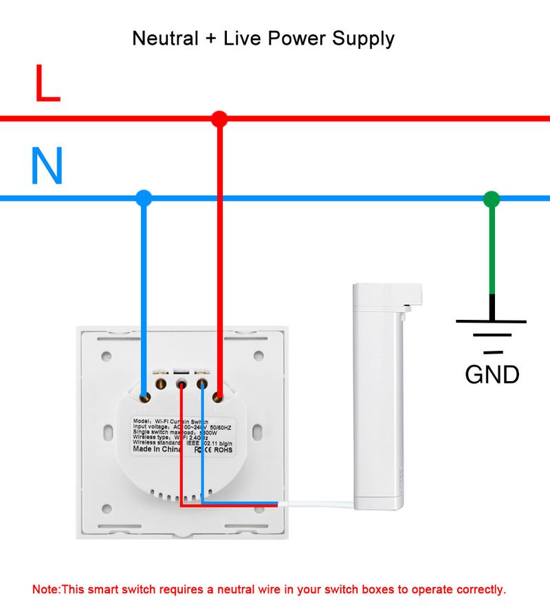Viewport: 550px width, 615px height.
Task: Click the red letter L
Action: pos(47,84)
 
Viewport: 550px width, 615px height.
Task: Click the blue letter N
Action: pos(47,166)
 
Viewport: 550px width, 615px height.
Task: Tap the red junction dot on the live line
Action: pos(219,118)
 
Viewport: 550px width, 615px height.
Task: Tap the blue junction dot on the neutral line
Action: pos(143,199)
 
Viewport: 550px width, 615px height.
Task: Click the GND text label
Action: pos(492,374)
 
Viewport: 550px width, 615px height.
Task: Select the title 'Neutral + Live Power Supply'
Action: pos(263,38)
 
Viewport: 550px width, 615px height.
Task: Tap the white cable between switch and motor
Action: pos(316,504)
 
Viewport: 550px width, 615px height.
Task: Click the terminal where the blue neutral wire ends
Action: pos(144,397)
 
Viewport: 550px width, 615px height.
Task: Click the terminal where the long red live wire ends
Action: pos(219,397)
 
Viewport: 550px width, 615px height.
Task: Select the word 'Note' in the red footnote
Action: pos(46,590)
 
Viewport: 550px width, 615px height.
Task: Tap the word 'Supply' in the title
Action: pos(363,38)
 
